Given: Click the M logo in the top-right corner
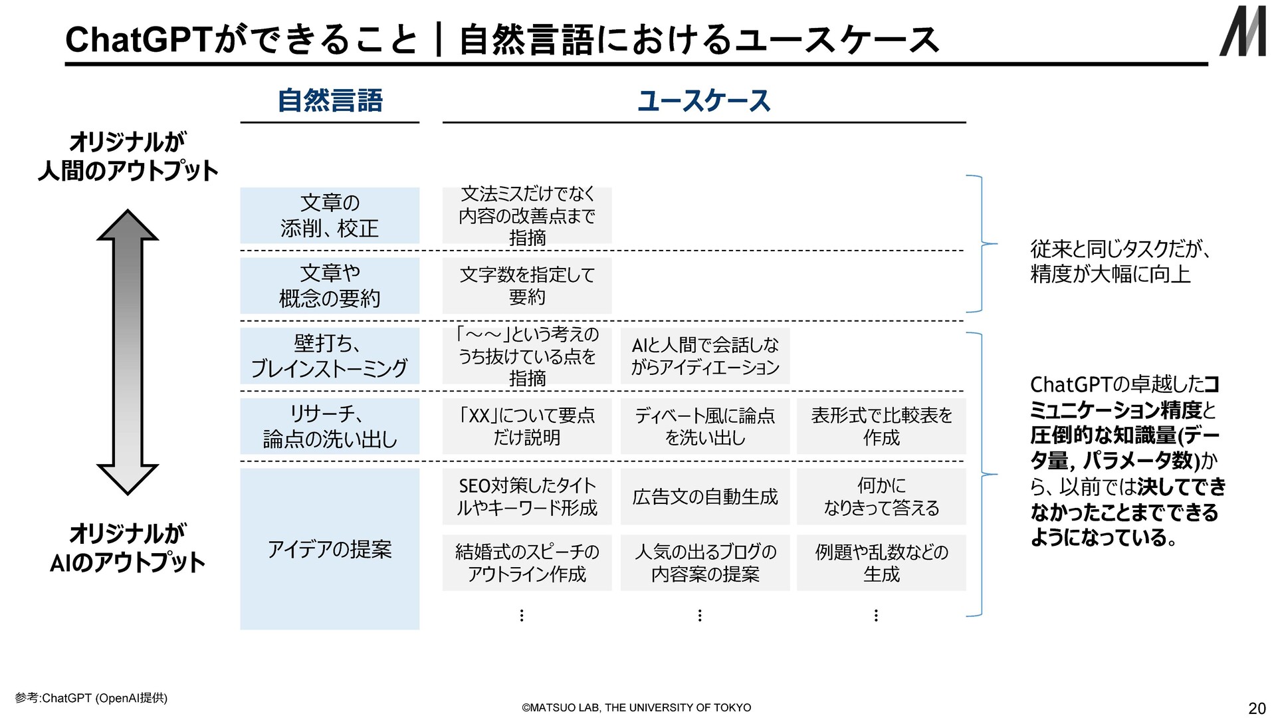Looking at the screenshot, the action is pos(1242,31).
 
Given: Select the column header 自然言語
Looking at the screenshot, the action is pos(330,100).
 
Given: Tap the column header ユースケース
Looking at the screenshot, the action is pos(704,100).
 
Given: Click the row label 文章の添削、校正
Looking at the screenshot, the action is pos(330,215).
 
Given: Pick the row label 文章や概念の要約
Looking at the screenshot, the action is pos(330,286).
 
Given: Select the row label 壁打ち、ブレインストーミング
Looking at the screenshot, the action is pos(330,356).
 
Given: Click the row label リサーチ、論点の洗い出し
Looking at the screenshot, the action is pos(330,426).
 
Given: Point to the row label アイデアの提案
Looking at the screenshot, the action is pos(330,549).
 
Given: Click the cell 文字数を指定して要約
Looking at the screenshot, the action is pos(527,286).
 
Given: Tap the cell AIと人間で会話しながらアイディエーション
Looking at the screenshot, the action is pos(705,356).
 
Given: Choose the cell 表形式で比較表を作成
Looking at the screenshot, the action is pos(881,426).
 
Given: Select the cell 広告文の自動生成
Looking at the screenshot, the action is pos(705,497).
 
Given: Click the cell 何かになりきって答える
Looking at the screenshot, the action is pos(881,497).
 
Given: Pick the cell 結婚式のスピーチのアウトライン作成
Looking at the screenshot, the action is pos(527,562).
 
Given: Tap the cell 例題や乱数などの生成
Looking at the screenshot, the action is pos(881,562).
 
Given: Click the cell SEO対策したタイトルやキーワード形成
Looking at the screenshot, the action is pos(527,497).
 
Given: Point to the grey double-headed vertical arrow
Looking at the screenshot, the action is pos(128,352).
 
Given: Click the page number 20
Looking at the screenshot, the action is pos(1257,707).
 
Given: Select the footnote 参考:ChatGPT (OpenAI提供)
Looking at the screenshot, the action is pos(91,697).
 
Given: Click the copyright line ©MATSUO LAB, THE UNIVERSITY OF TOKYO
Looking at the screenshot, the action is pos(637,707).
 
